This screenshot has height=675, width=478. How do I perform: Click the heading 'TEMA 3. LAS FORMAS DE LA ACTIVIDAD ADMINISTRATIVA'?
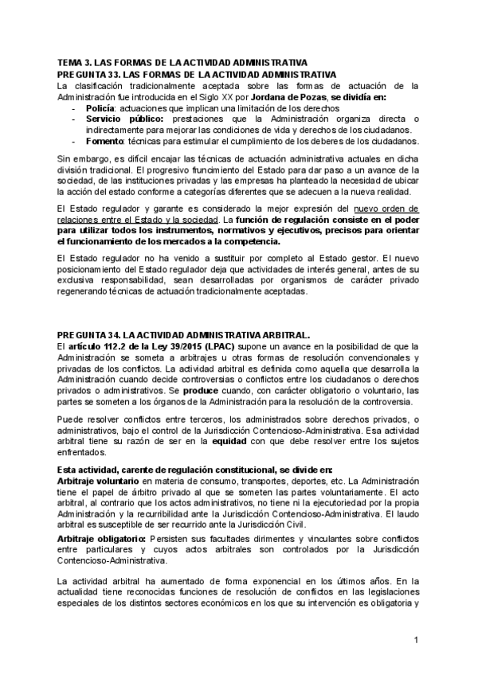click(182, 62)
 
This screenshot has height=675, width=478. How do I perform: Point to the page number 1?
click(416, 639)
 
